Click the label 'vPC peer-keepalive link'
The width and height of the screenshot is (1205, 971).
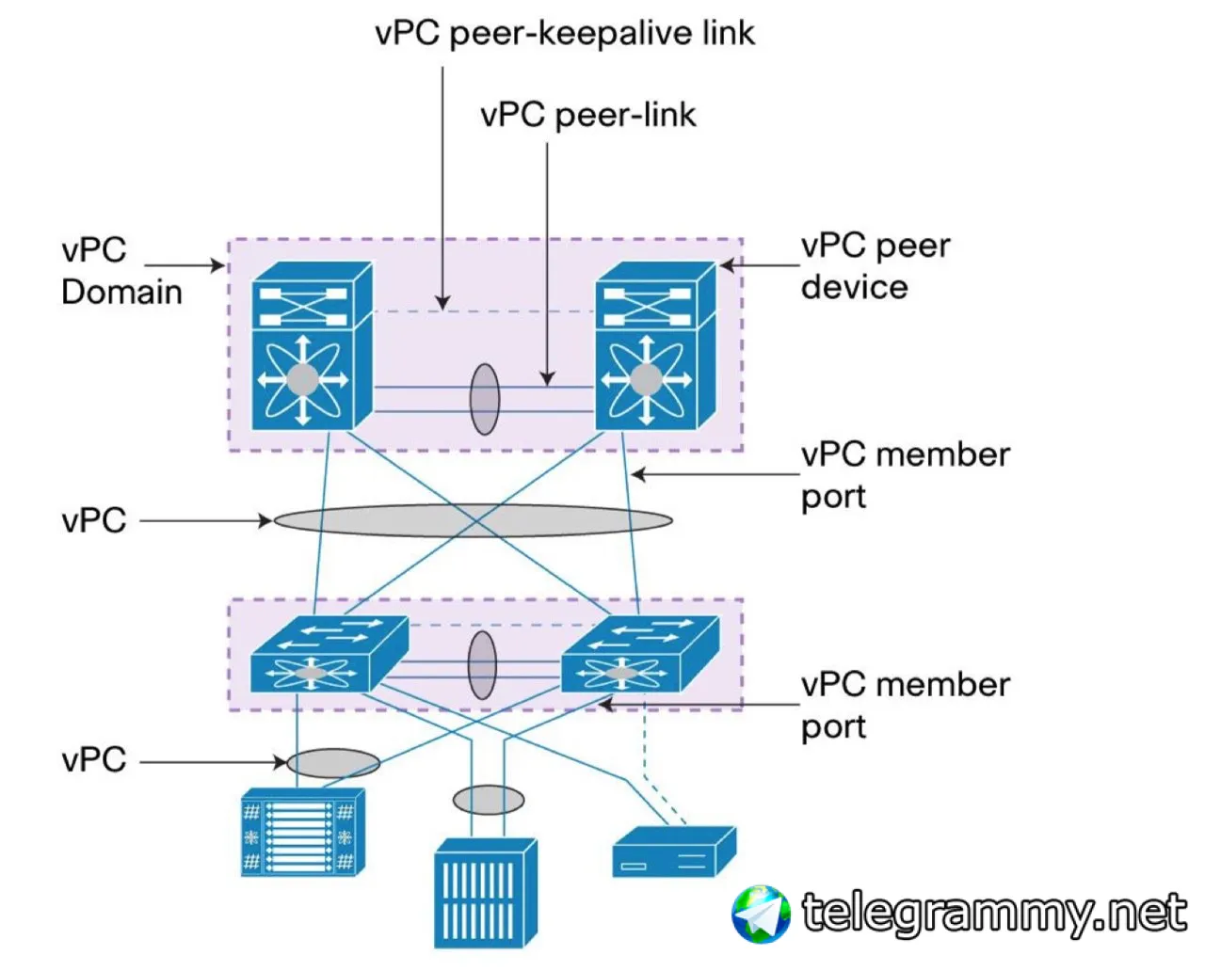click(x=565, y=34)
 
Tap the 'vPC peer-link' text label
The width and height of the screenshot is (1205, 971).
click(x=588, y=116)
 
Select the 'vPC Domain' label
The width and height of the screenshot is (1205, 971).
click(x=122, y=271)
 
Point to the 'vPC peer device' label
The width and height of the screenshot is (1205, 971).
click(x=876, y=266)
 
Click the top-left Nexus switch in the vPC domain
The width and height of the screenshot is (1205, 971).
click(x=312, y=346)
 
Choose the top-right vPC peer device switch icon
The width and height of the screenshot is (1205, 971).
click(x=655, y=346)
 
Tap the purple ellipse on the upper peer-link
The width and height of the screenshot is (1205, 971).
click(x=484, y=399)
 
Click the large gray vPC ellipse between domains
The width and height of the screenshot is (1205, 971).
click(x=474, y=520)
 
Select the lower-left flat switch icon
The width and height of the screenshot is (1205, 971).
click(x=329, y=654)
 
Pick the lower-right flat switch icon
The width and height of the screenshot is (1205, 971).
click(x=640, y=654)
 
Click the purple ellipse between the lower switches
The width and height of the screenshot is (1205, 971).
click(x=482, y=665)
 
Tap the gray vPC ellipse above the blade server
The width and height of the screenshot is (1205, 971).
click(x=333, y=763)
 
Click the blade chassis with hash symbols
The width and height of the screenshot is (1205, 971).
click(x=303, y=832)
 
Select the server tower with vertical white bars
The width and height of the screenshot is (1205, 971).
click(x=486, y=893)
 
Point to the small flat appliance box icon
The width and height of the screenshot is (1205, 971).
click(x=675, y=852)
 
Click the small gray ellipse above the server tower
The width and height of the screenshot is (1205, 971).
click(x=489, y=800)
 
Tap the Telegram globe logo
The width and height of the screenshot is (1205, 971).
click(x=761, y=914)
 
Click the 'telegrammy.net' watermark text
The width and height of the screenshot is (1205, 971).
click(x=994, y=913)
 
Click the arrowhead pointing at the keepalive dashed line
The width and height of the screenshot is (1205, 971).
click(x=442, y=303)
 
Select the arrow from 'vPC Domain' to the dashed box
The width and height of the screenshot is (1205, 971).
click(x=185, y=265)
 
